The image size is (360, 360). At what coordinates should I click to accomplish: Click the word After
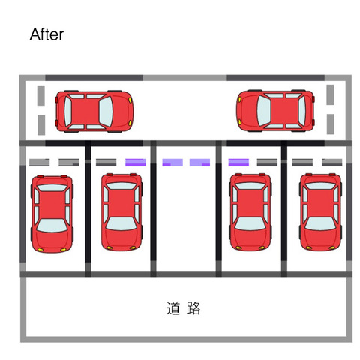coord(46,34)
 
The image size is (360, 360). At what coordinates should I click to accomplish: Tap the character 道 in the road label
coord(173,308)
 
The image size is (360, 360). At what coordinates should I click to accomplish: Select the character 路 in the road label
coord(193,308)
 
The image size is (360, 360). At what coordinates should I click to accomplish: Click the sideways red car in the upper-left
coord(94,111)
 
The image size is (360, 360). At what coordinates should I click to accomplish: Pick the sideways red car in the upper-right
coord(275,111)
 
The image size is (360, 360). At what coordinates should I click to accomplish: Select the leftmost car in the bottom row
coord(52,214)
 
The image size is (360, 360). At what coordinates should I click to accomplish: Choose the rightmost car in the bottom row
coord(320,212)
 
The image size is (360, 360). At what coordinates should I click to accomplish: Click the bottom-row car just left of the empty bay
coord(121,212)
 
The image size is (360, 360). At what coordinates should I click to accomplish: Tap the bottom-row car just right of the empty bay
coord(250,212)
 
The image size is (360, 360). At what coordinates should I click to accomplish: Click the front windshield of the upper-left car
coord(106,112)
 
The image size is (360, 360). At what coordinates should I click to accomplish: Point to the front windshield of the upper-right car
coord(264,110)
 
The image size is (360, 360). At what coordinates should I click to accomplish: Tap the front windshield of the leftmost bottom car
coord(52,226)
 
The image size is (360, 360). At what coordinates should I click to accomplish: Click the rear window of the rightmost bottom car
coord(320,186)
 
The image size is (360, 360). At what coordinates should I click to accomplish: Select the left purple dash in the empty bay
coord(172,163)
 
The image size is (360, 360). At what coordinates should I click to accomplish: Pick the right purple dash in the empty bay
coord(199,163)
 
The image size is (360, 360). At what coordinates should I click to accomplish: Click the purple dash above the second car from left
coord(136,163)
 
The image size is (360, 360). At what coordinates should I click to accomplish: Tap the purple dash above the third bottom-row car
coord(238,163)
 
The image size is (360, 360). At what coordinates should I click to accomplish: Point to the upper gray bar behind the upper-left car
coord(41,95)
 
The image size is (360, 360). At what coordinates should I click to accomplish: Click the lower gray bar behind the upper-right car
coord(331,124)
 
